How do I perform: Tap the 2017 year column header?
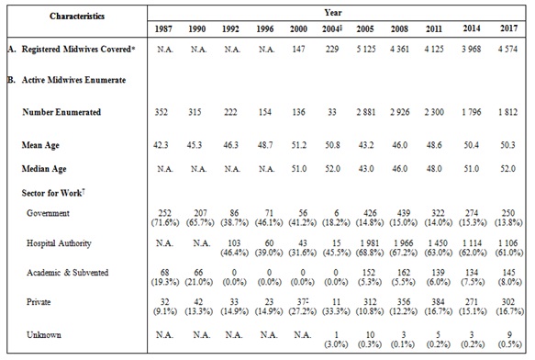507,33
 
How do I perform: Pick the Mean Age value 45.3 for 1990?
178,146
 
